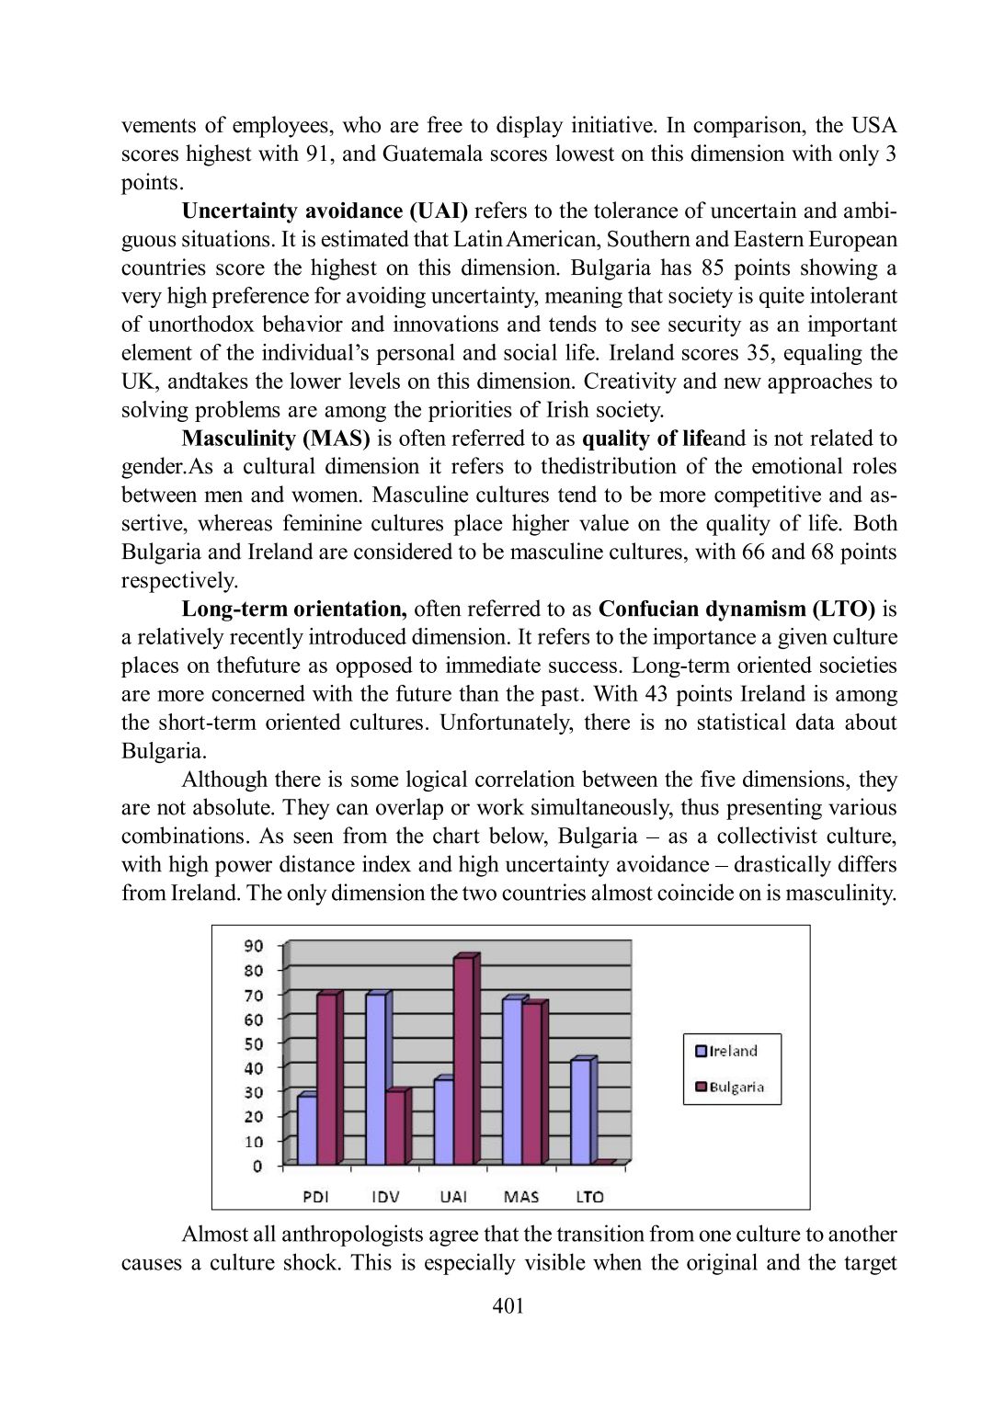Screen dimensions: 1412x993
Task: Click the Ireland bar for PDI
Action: coord(307,1131)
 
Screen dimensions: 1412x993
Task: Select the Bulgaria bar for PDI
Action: coord(327,1080)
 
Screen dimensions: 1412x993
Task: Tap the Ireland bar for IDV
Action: coord(375,1080)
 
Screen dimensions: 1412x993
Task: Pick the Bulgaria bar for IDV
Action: coord(395,1129)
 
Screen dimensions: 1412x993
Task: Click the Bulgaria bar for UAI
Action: coord(463,1062)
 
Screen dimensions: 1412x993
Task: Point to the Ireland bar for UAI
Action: coord(443,1122)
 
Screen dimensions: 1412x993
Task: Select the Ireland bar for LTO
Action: coord(580,1113)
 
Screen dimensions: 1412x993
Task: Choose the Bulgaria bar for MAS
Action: coord(531,1085)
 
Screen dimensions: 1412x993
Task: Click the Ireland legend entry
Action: coord(726,1052)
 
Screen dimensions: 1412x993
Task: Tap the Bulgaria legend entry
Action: coord(730,1087)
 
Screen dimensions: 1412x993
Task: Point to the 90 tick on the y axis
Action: coord(253,946)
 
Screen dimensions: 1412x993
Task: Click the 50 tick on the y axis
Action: coord(253,1044)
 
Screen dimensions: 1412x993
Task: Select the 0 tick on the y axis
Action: coord(257,1167)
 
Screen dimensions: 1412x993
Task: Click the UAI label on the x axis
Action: coord(453,1197)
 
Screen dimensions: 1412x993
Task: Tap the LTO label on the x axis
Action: coord(589,1197)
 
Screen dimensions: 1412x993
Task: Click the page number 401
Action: coord(508,1306)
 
